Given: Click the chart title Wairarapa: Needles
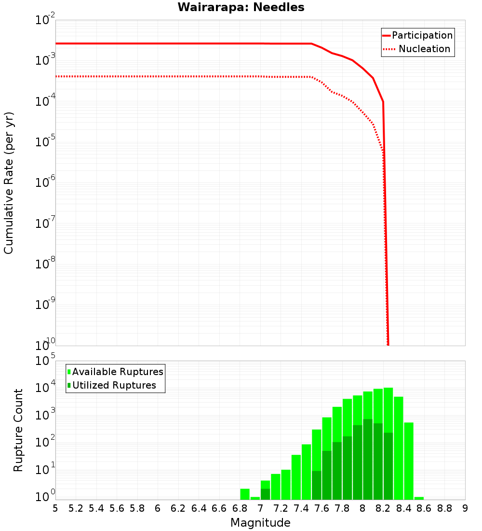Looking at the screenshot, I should [x=241, y=7].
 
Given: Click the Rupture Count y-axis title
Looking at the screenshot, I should [x=18, y=430].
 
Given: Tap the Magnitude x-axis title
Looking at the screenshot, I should [x=260, y=523].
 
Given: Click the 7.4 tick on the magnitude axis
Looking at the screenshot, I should [x=301, y=508].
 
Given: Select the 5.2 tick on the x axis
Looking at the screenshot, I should [x=76, y=508].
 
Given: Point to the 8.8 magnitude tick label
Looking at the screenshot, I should [x=444, y=508].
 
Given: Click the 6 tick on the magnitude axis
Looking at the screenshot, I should [x=158, y=508].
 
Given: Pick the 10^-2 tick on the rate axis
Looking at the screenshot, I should [x=46, y=20].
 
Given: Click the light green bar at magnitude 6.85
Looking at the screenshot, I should [x=245, y=494].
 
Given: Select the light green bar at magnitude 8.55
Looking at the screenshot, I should [x=419, y=498].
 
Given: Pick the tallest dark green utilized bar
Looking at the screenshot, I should [x=368, y=459].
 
